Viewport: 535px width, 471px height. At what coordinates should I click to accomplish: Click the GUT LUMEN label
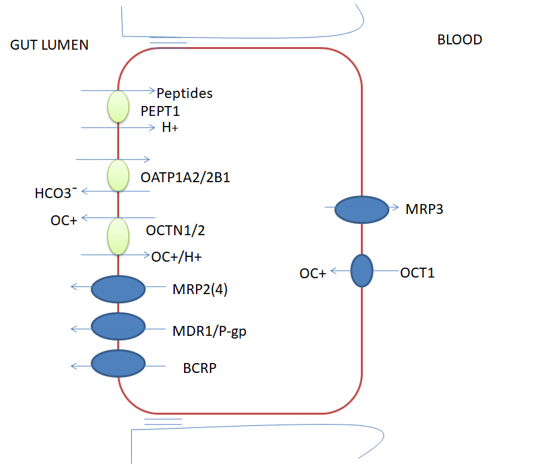(x=50, y=45)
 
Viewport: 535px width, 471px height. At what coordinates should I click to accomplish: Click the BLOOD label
(x=460, y=40)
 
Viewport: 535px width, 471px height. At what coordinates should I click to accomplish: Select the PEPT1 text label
(x=160, y=111)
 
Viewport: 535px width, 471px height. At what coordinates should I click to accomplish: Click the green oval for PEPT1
(x=118, y=107)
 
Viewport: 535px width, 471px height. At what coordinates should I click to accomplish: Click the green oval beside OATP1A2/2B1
(x=118, y=176)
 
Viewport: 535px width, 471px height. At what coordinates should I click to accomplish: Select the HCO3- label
(x=56, y=193)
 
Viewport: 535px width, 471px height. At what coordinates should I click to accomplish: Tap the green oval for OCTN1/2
(x=118, y=236)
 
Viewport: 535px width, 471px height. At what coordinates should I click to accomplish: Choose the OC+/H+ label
(x=176, y=256)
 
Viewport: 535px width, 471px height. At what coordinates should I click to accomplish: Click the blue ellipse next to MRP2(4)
(x=118, y=289)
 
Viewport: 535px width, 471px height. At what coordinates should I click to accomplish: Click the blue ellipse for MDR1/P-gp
(x=118, y=326)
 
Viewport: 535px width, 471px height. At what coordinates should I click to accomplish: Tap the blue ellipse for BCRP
(x=118, y=364)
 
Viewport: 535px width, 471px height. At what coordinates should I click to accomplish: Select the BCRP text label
(x=200, y=366)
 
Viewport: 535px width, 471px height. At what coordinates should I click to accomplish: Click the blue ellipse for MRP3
(x=362, y=209)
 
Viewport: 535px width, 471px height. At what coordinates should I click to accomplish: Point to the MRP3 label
(x=424, y=210)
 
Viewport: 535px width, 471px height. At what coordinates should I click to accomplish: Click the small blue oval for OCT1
(x=362, y=271)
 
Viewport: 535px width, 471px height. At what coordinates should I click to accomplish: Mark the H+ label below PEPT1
(x=170, y=128)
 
